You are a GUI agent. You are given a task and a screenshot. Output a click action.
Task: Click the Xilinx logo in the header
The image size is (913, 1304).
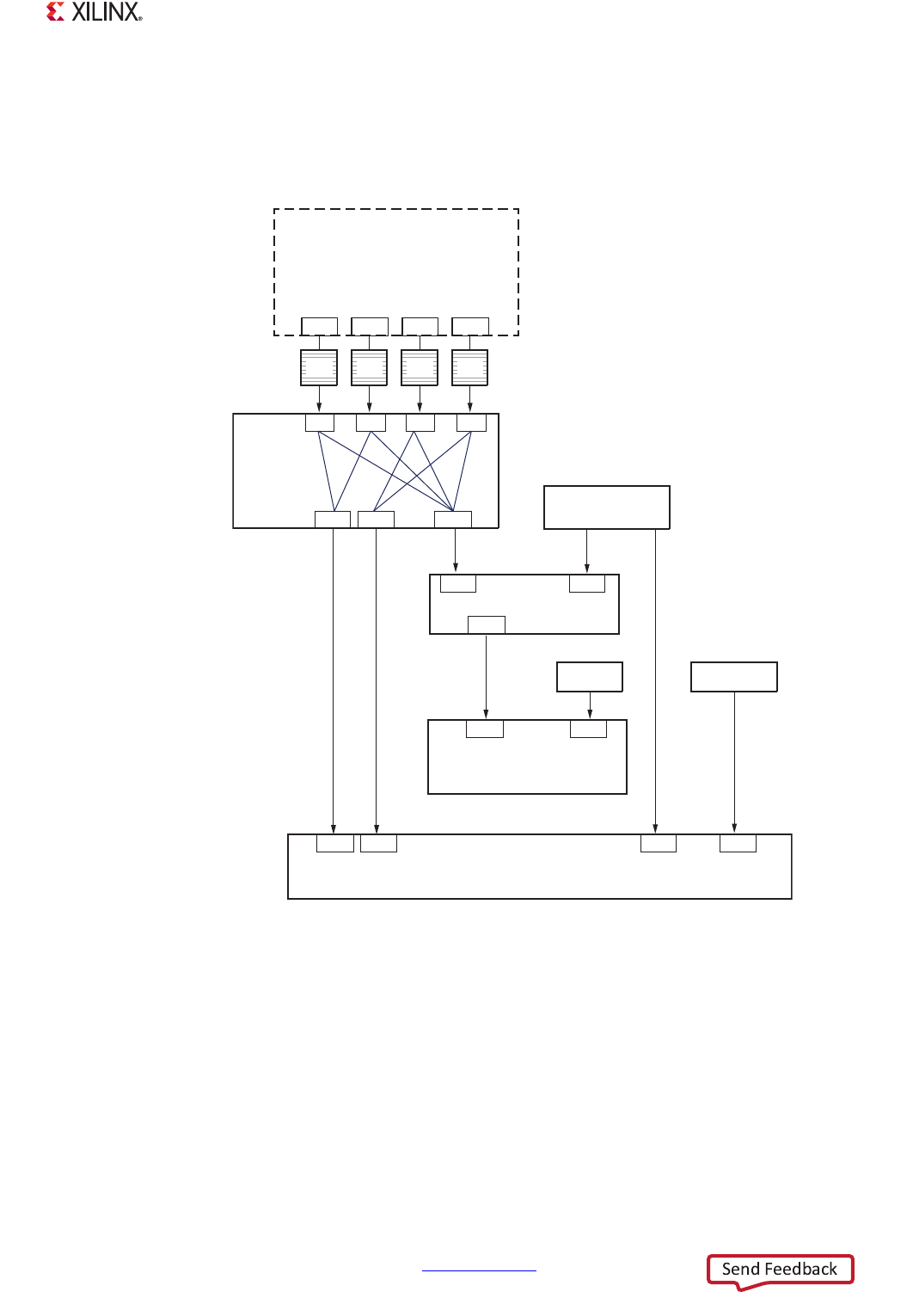(x=94, y=12)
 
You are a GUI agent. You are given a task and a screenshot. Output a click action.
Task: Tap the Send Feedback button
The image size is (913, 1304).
(x=780, y=1270)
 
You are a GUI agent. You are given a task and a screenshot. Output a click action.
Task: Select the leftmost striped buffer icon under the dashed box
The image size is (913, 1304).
(x=319, y=367)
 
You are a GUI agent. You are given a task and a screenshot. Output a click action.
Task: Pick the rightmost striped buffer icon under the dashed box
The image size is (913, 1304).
(x=469, y=367)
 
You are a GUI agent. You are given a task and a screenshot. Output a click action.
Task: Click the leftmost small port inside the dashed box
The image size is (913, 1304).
(x=319, y=326)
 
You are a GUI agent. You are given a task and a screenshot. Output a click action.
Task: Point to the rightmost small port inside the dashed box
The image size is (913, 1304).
(x=470, y=326)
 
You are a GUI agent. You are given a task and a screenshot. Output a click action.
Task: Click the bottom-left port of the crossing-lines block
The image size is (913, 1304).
(x=333, y=519)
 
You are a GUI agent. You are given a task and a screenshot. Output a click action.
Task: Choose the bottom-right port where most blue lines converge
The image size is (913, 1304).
(x=453, y=519)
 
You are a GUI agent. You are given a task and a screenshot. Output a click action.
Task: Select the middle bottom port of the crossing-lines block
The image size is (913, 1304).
(x=376, y=519)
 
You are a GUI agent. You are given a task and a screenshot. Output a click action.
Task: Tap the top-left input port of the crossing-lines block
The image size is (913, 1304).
(x=320, y=422)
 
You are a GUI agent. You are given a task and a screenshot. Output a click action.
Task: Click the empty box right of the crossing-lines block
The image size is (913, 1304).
(x=607, y=507)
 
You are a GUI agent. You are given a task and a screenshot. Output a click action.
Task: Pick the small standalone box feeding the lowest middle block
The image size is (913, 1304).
(x=590, y=677)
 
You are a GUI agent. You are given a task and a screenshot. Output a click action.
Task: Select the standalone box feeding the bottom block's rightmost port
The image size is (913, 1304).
(x=734, y=677)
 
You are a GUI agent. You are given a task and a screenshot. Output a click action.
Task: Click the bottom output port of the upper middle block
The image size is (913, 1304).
(x=487, y=624)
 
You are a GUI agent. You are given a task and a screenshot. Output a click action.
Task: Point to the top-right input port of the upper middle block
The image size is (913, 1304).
(x=587, y=584)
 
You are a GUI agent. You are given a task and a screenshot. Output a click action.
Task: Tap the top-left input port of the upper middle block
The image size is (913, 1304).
(x=458, y=584)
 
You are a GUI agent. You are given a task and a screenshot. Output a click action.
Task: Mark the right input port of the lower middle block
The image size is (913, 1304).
(x=589, y=729)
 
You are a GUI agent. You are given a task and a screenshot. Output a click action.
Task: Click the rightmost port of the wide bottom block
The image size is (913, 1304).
(x=738, y=843)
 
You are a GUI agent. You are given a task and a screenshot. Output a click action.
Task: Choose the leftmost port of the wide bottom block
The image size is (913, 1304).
(x=335, y=843)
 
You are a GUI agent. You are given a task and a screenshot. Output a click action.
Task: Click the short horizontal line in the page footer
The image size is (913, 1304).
(x=479, y=1270)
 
